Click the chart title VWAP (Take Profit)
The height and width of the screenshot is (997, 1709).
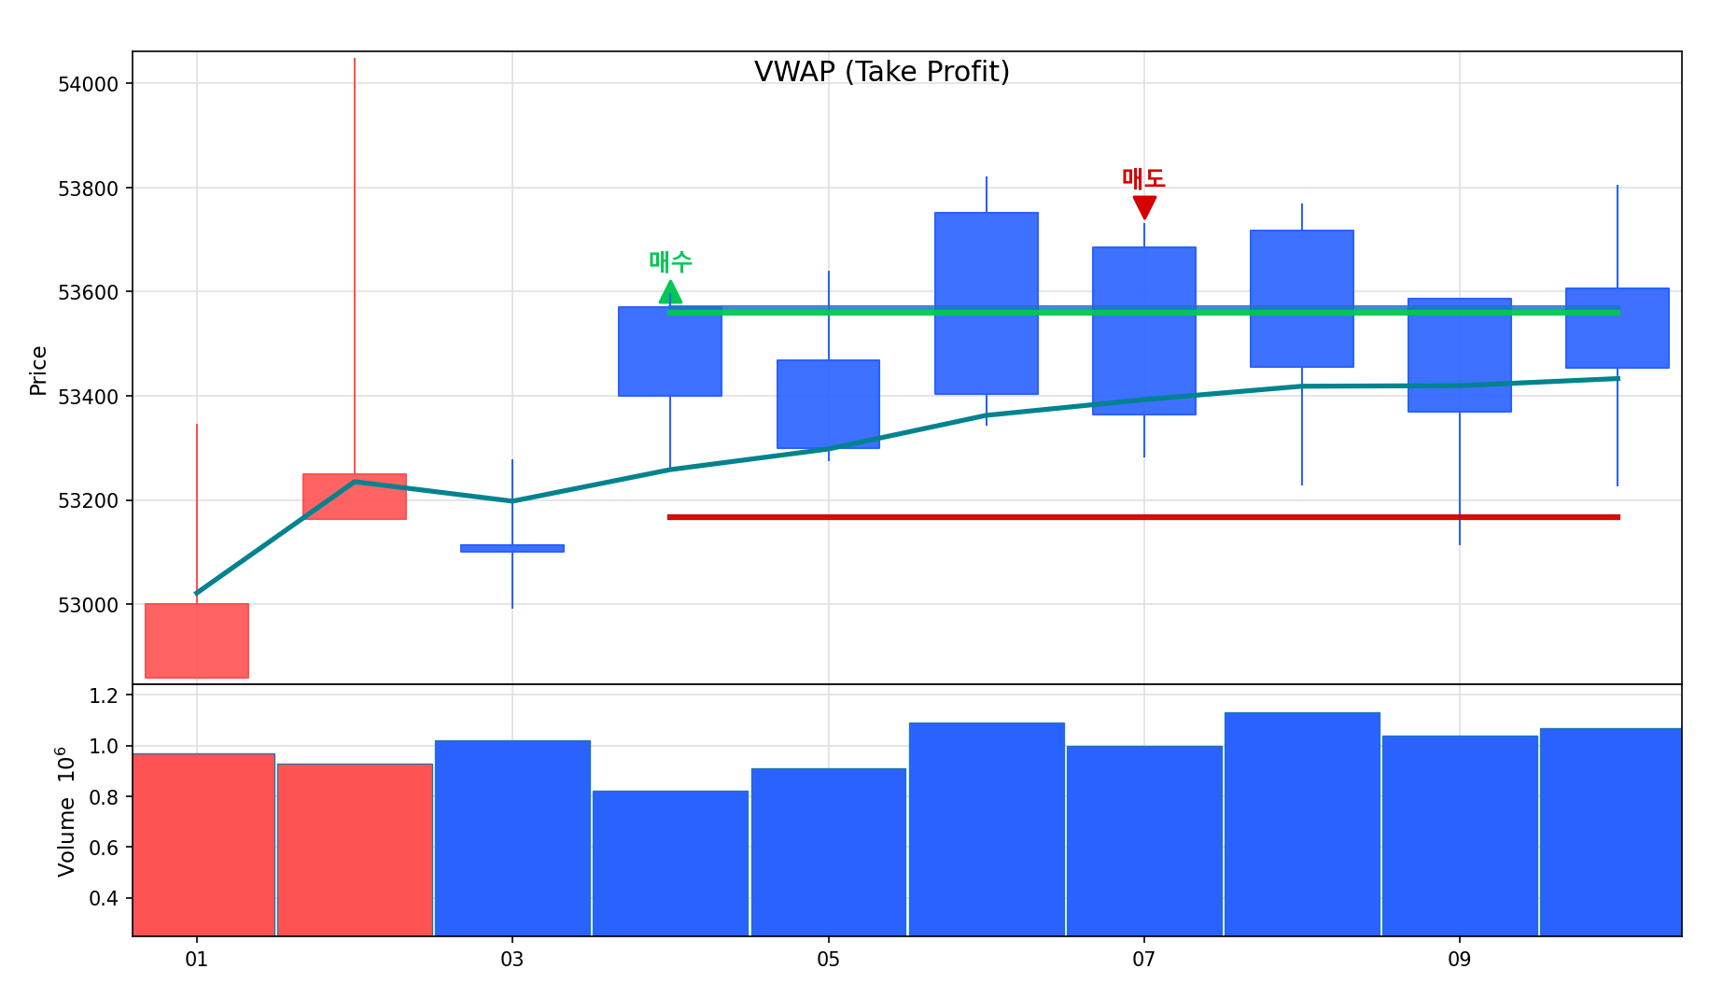click(x=881, y=72)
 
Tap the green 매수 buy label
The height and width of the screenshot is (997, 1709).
click(x=670, y=262)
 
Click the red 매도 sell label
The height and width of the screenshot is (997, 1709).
click(x=1143, y=178)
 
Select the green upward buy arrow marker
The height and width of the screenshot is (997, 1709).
click(x=670, y=293)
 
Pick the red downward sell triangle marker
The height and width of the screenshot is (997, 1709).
click(x=1144, y=206)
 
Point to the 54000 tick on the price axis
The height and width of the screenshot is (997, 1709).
click(x=88, y=84)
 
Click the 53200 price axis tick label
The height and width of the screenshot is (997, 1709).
click(x=88, y=501)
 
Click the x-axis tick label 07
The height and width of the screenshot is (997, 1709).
click(x=1143, y=960)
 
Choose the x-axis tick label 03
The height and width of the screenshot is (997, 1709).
click(x=511, y=960)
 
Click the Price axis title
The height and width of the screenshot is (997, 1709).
click(x=38, y=371)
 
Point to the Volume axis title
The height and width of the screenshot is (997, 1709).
click(x=65, y=811)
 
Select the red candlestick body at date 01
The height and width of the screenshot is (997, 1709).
click(x=196, y=640)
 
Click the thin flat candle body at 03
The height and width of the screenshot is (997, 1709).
click(x=511, y=548)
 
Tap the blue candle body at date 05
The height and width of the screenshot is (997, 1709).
click(x=828, y=403)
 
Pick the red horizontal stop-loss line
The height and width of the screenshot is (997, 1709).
click(x=1143, y=517)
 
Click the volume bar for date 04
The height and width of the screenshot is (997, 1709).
click(x=670, y=863)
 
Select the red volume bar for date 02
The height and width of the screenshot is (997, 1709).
click(x=355, y=850)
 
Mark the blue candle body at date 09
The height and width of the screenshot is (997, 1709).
click(x=1459, y=355)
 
